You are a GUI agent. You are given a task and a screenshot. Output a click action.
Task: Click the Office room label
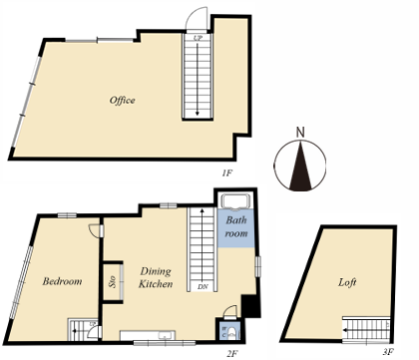tap(122, 100)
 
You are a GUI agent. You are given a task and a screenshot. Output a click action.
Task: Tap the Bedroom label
tap(62, 281)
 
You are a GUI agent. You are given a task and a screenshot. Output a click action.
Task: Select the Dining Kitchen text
tap(156, 277)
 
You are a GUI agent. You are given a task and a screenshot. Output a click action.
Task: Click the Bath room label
tap(236, 226)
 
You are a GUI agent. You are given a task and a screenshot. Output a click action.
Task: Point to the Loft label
tap(347, 282)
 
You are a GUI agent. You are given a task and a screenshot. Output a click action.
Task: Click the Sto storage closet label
tap(112, 282)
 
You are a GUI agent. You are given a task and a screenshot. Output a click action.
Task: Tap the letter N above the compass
tap(300, 133)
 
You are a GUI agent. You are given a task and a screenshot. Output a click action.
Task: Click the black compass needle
tap(300, 167)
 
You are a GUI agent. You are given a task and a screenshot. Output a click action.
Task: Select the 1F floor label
tap(226, 173)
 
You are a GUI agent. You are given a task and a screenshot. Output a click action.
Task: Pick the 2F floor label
tap(232, 353)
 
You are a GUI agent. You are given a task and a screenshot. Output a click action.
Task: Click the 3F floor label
tap(388, 351)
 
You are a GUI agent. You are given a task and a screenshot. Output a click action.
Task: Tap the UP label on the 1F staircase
tap(198, 38)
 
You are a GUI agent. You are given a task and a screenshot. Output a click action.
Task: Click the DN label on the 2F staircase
tap(203, 286)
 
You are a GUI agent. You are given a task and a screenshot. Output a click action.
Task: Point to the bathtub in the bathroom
tap(236, 202)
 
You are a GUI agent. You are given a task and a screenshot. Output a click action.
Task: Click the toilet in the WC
tap(232, 333)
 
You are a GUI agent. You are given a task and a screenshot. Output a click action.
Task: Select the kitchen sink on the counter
tap(165, 335)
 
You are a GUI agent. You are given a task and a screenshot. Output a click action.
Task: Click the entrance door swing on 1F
tap(196, 18)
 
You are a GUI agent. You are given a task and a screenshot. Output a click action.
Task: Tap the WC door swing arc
tap(229, 311)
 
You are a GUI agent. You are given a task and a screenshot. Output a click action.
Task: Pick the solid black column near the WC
tap(250, 306)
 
